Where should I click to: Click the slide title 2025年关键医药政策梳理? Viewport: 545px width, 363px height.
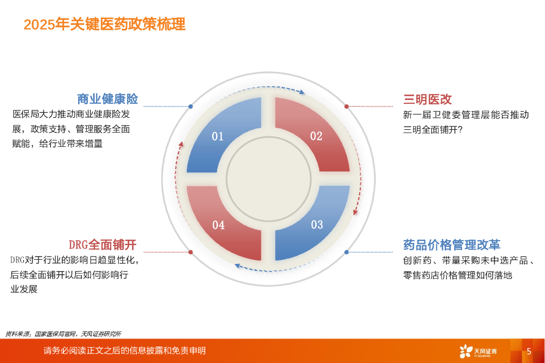pos(105,24)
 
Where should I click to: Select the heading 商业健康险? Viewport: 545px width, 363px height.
pos(107,99)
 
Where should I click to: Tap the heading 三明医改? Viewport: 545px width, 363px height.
pos(427,99)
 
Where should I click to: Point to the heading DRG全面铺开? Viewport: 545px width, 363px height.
pos(103,245)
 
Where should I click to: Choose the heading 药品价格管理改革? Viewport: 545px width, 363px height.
pos(451,245)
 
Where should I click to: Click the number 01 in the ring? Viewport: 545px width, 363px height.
pos(218,137)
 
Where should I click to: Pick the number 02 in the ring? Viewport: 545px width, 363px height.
pos(316,136)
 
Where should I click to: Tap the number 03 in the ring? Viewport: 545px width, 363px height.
pos(317,225)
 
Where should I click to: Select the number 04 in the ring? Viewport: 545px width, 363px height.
pos(218,225)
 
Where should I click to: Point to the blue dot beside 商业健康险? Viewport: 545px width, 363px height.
pos(191,106)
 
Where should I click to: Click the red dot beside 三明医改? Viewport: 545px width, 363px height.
pos(346,106)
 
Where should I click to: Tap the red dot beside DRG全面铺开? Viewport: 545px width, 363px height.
pos(191,252)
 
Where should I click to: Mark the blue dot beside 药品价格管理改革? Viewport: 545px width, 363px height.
pos(346,252)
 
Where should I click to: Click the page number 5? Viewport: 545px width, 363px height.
pos(529,351)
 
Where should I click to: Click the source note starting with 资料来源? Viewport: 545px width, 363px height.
pos(63,334)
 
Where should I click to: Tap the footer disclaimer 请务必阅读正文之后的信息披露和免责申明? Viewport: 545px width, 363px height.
pos(125,351)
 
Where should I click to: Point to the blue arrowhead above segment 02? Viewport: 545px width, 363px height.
pos(302,92)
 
